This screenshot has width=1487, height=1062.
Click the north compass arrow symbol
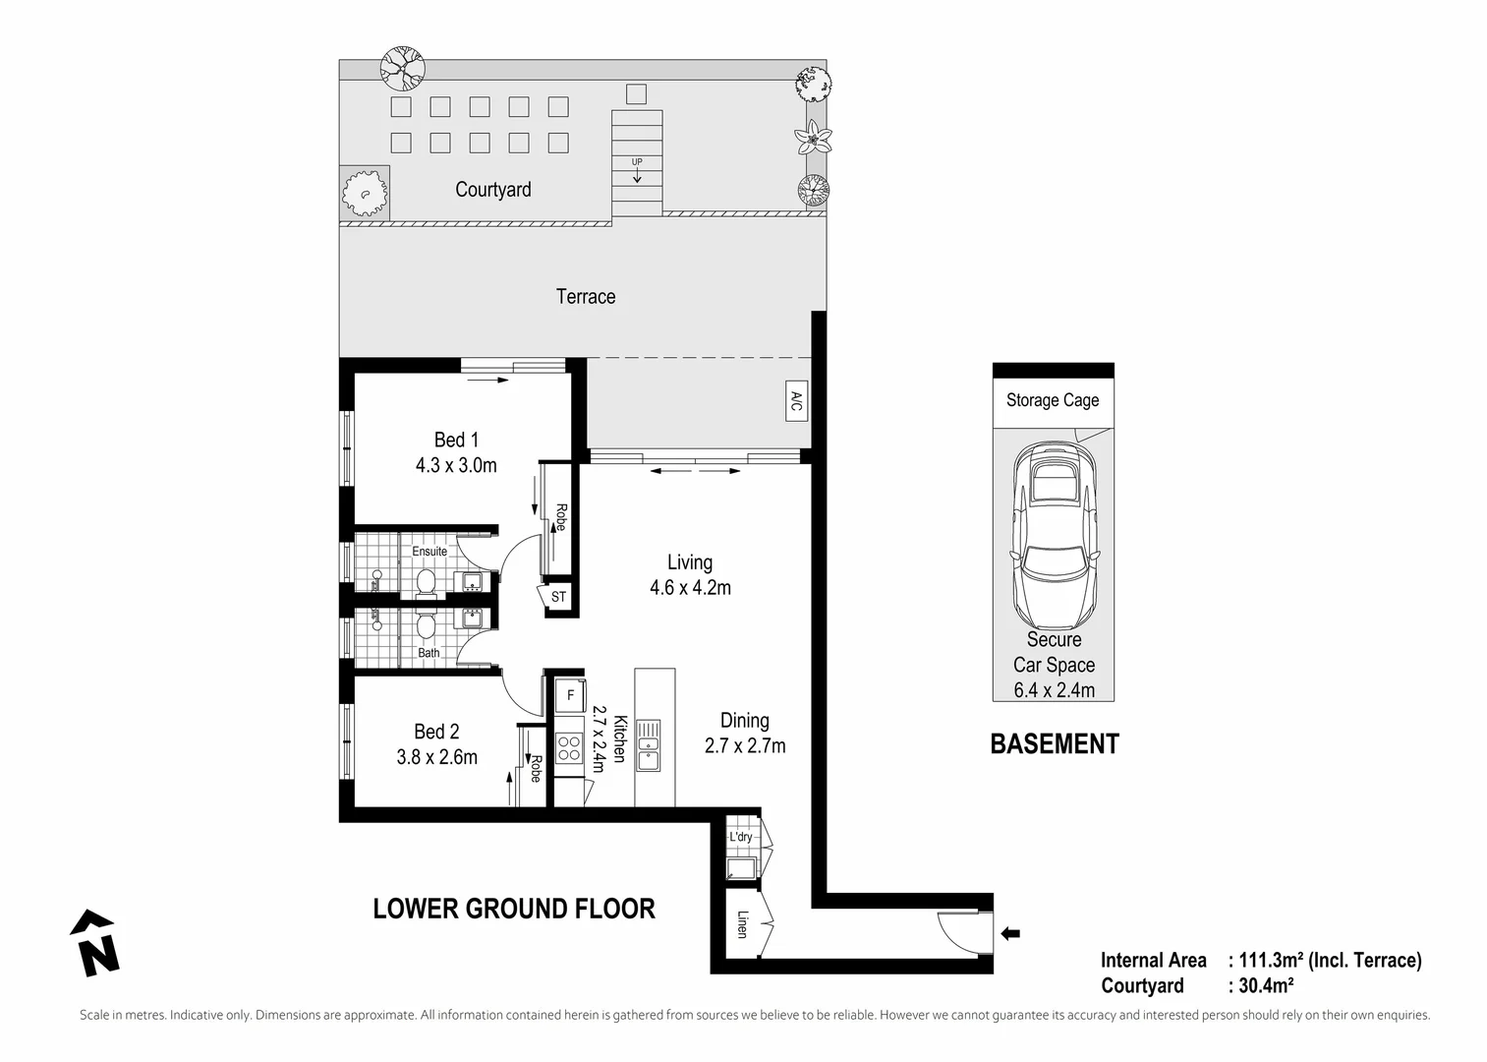click(x=95, y=943)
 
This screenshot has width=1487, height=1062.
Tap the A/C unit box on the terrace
click(x=796, y=401)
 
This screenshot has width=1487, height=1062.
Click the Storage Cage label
click(x=1053, y=400)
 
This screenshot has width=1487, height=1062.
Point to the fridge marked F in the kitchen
click(x=570, y=695)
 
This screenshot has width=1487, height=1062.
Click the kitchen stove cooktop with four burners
click(x=569, y=749)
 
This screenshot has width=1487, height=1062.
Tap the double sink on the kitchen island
click(x=648, y=744)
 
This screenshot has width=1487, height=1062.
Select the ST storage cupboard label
click(x=558, y=597)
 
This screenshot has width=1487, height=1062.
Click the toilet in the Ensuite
click(x=427, y=580)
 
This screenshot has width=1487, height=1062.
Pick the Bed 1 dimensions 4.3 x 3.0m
click(x=456, y=465)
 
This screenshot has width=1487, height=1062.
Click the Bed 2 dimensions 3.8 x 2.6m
click(x=436, y=757)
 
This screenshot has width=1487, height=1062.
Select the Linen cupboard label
click(x=742, y=924)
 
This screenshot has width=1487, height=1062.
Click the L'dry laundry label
click(x=740, y=837)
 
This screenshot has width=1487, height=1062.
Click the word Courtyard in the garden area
click(x=492, y=190)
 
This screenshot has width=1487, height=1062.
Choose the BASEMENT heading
click(x=1054, y=744)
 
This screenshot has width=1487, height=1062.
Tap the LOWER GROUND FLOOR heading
click(x=513, y=909)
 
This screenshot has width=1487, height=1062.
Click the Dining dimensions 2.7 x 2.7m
click(x=744, y=745)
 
